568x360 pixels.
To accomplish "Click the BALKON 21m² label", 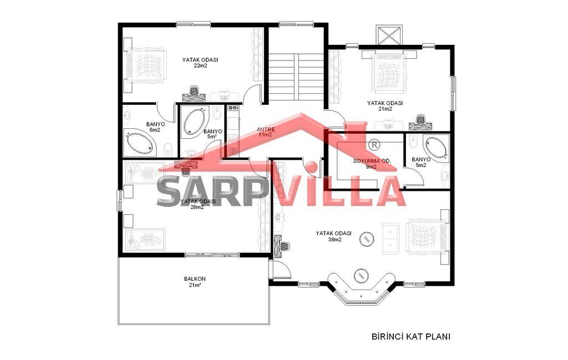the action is tap(195, 282).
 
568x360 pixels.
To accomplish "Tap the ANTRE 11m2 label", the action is tap(266, 132).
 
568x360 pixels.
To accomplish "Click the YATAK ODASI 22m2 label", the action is tap(200, 62).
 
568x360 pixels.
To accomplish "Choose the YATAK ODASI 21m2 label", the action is tap(385, 106).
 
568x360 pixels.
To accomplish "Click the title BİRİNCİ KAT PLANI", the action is tap(411, 337).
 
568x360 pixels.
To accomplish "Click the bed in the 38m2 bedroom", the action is tap(426, 236).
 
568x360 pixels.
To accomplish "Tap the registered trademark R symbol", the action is tap(374, 145).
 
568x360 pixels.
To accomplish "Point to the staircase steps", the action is tap(296, 77).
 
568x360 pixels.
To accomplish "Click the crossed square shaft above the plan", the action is tap(389, 35).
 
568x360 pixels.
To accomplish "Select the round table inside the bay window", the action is tap(361, 276).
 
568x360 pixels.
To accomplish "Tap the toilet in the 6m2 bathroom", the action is tap(168, 149).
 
